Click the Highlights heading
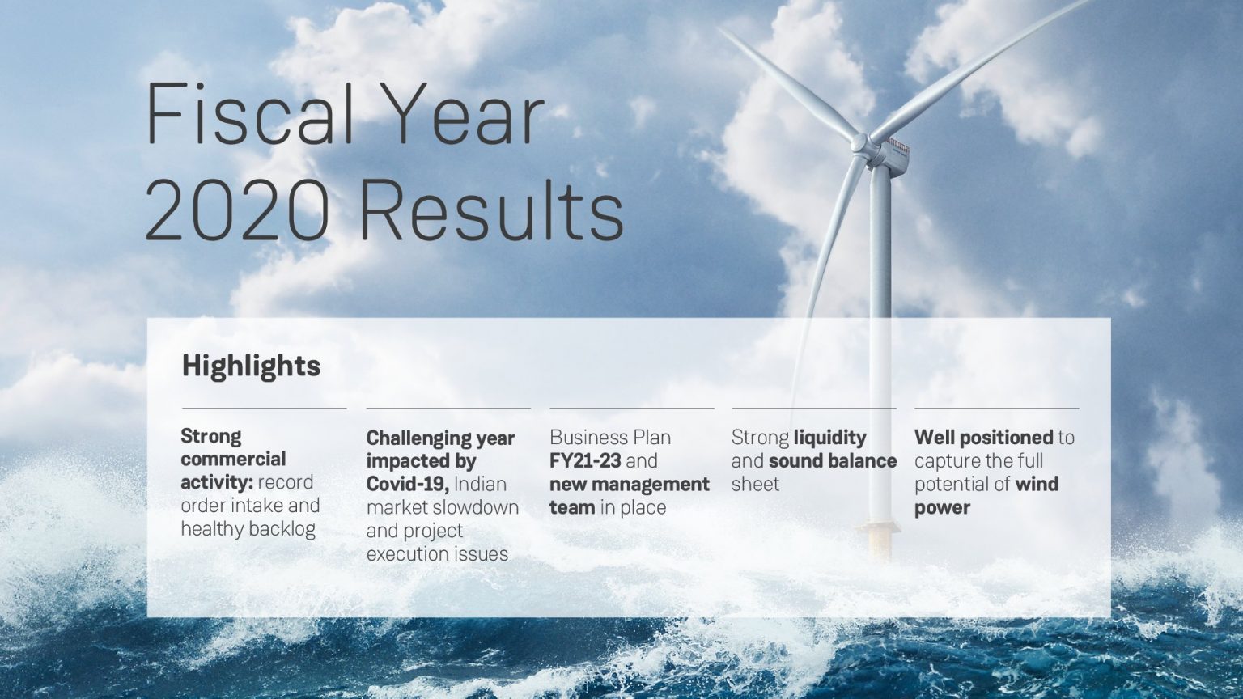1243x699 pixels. tap(251, 366)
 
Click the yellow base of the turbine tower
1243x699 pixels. tap(880, 539)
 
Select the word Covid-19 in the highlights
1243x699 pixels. tap(406, 484)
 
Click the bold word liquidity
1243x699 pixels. tap(829, 438)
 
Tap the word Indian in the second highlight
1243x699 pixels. tap(480, 484)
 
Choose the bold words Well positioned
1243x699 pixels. tap(982, 438)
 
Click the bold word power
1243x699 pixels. tap(942, 508)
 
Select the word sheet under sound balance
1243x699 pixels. tap(755, 485)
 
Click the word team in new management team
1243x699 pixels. tap(572, 508)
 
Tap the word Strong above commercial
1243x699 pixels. tap(210, 437)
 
